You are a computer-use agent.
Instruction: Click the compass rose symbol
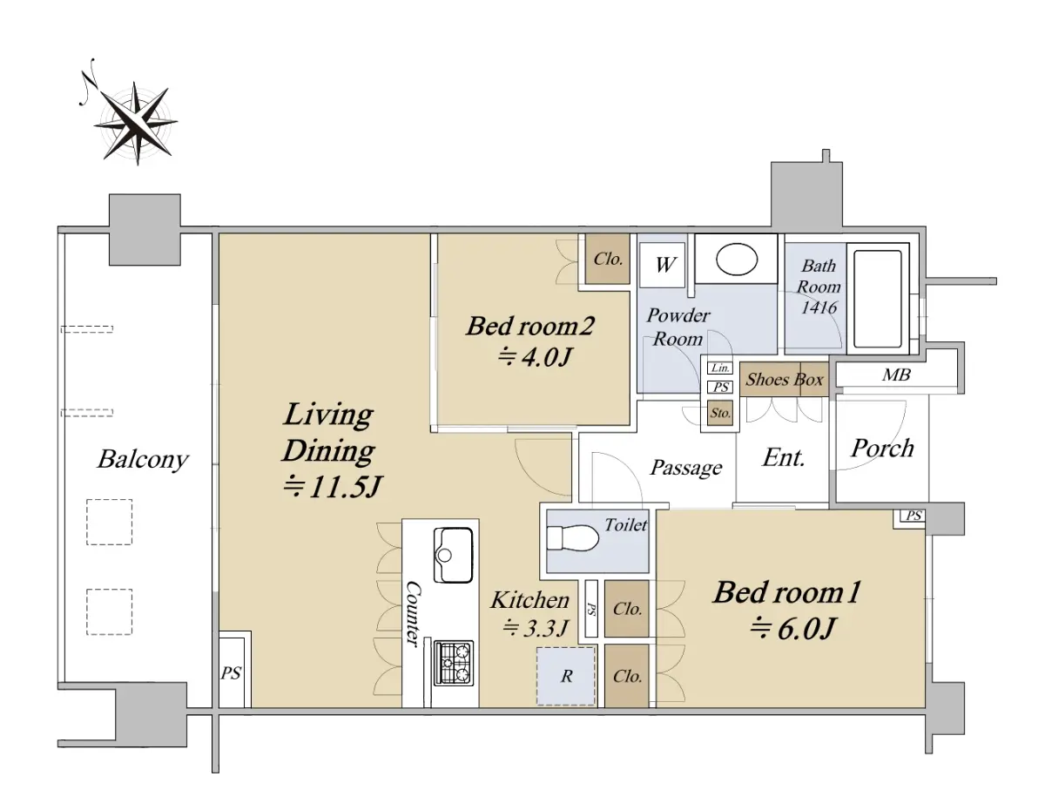pos(136,122)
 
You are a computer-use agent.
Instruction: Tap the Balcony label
pos(143,460)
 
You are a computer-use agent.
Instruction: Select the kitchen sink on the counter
pos(453,555)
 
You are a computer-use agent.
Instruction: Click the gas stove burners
pos(454,664)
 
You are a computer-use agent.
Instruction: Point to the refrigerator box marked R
pos(566,676)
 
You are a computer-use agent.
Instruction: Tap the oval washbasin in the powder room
pos(736,260)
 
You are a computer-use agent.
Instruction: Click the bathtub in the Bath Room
pos(878,299)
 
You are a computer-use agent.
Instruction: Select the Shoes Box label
pos(784,380)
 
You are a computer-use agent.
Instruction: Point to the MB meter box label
pos(896,375)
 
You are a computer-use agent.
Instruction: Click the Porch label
pos(882,449)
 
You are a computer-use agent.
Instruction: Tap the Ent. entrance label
pos(784,457)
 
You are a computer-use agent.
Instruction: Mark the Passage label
pos(685,467)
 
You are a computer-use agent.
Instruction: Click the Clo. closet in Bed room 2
pos(608,259)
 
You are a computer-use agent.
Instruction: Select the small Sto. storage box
pos(720,413)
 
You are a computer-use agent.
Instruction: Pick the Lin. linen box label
pos(720,368)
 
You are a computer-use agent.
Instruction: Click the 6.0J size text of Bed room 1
pos(793,629)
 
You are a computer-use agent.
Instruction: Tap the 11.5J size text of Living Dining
pos(333,487)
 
